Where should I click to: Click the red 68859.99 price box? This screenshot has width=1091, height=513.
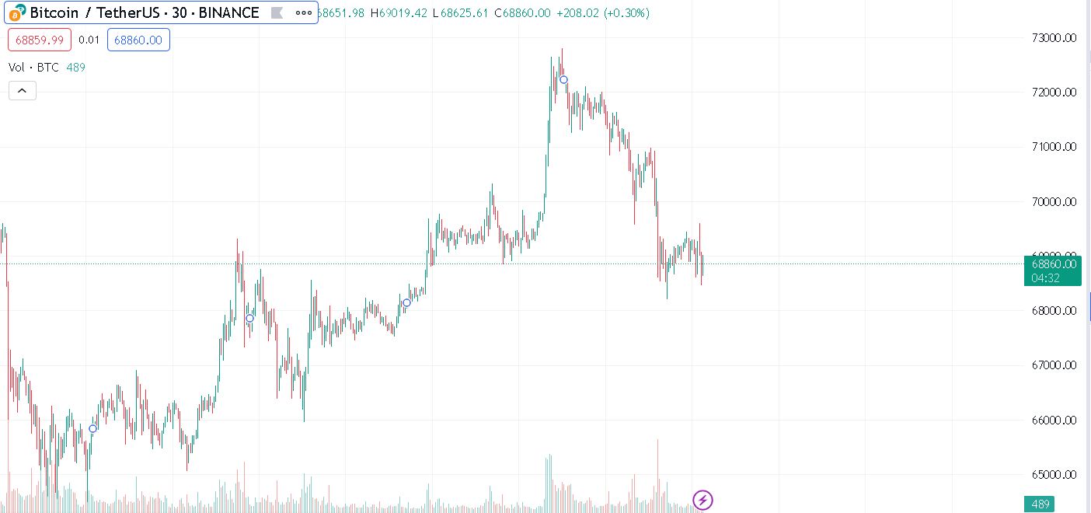click(40, 40)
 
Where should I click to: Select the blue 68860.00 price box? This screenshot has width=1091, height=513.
click(138, 40)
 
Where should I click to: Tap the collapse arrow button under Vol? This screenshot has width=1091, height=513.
click(22, 91)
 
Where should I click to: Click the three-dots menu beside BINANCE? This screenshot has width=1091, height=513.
click(303, 13)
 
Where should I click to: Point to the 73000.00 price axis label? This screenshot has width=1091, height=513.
click(1053, 37)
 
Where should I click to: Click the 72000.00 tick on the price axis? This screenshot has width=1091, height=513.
click(1053, 92)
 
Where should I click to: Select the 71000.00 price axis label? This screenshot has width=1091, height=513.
click(1053, 146)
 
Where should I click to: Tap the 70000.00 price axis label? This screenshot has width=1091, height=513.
click(1053, 201)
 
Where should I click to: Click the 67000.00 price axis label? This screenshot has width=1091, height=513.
click(1053, 365)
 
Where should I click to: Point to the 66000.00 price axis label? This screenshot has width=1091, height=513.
click(1053, 421)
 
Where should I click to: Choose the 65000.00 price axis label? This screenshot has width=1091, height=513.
click(1053, 475)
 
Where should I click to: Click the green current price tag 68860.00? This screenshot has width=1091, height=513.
click(1053, 264)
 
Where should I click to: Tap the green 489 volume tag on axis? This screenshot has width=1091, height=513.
click(1040, 504)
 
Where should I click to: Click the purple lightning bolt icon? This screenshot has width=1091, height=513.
click(702, 500)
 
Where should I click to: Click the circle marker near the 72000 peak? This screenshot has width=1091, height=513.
click(564, 79)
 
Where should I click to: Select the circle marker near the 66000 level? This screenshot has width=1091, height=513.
click(92, 428)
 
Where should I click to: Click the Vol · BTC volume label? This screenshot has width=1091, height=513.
click(34, 68)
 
